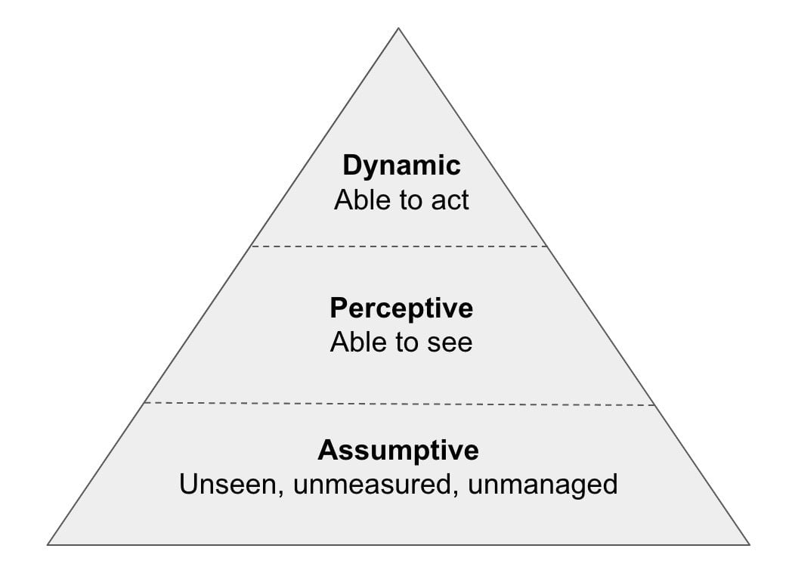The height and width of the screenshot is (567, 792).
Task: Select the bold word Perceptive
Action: (x=401, y=308)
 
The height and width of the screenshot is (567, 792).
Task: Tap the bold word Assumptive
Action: (x=398, y=451)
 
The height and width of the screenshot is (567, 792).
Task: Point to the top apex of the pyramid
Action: (x=398, y=28)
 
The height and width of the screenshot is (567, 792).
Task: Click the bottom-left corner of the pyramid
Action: (x=48, y=545)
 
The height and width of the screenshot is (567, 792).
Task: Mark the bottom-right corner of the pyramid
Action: (x=750, y=545)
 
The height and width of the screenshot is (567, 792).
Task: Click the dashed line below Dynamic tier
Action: (x=399, y=246)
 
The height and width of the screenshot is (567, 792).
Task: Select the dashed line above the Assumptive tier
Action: (x=399, y=404)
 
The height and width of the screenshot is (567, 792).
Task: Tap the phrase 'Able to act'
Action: (x=401, y=200)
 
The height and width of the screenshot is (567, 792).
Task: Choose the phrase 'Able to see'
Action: (x=401, y=342)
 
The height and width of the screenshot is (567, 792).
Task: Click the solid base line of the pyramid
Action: (x=398, y=545)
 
